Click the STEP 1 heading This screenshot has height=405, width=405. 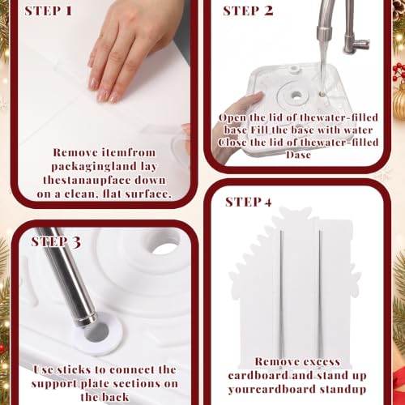(x=48, y=11)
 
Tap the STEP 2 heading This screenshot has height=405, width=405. (x=248, y=11)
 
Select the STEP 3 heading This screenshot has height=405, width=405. (x=56, y=241)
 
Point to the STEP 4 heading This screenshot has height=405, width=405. (x=248, y=202)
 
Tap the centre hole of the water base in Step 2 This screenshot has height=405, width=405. (x=296, y=95)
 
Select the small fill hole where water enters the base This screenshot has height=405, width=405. (x=322, y=95)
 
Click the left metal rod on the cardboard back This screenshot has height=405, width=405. (x=281, y=298)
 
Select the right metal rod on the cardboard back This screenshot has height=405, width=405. (x=320, y=298)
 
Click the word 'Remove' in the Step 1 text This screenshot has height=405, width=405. (x=71, y=152)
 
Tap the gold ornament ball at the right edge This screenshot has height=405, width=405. (x=399, y=100)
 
